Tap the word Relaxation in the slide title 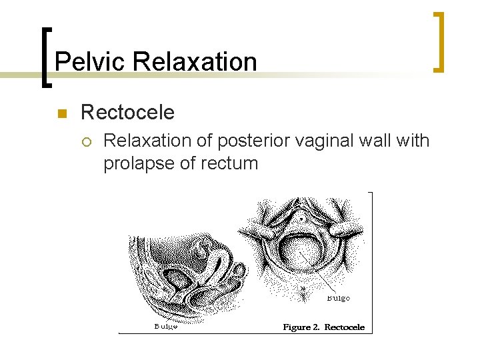[x=195, y=62]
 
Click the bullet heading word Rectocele [x=127, y=113]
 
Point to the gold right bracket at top [x=439, y=41]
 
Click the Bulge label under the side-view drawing [x=165, y=326]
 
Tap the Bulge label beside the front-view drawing [x=338, y=298]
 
